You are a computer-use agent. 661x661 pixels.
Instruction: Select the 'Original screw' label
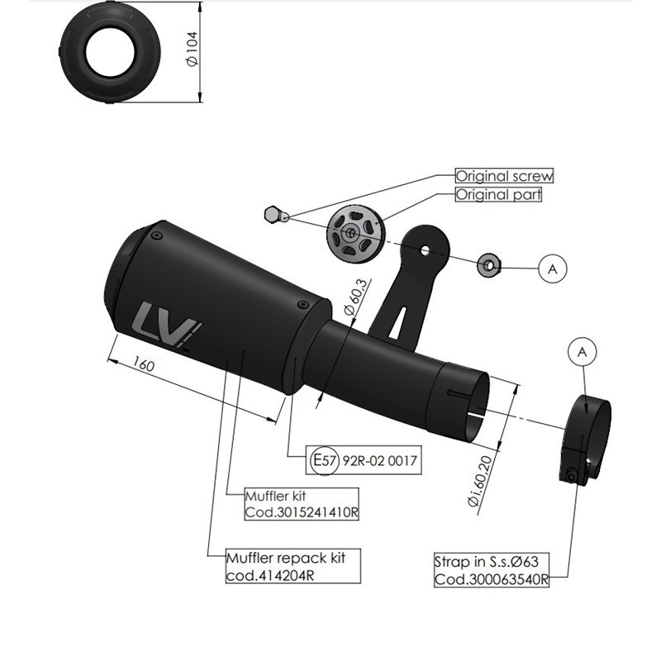[504, 176]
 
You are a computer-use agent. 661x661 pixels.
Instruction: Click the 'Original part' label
[499, 195]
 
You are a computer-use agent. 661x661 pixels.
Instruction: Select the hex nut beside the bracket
[488, 265]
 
